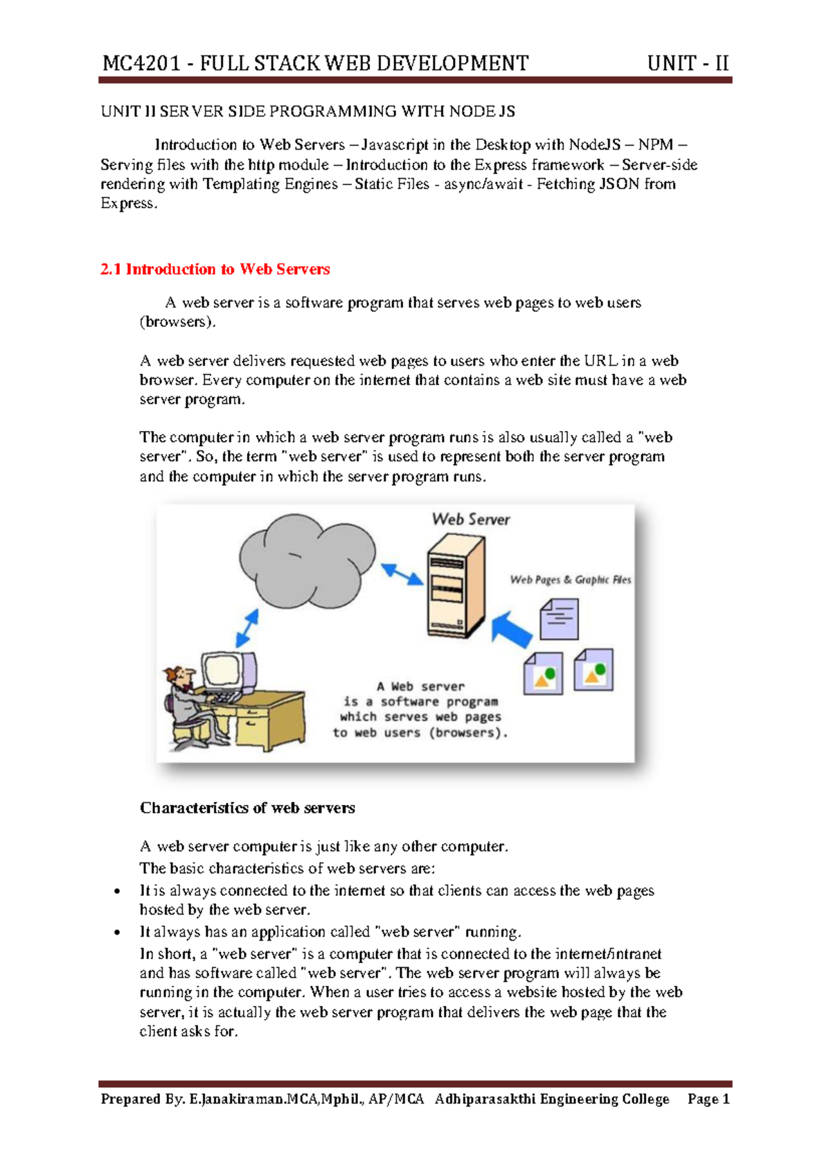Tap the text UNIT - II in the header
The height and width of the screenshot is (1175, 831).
[687, 64]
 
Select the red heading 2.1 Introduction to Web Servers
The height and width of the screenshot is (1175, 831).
[215, 269]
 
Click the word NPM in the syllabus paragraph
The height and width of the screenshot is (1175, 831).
[655, 145]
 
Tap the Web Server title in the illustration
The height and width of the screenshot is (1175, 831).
[470, 519]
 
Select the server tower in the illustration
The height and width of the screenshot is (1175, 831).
[454, 586]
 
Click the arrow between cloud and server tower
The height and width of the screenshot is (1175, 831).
[402, 574]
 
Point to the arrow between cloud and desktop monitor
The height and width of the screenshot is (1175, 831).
[247, 628]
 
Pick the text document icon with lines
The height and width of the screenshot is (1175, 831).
[559, 619]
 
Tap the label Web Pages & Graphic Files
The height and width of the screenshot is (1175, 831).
[570, 579]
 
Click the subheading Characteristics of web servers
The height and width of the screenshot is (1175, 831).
[247, 808]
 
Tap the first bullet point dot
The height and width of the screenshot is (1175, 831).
[117, 892]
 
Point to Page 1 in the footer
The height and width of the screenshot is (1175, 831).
[708, 1099]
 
